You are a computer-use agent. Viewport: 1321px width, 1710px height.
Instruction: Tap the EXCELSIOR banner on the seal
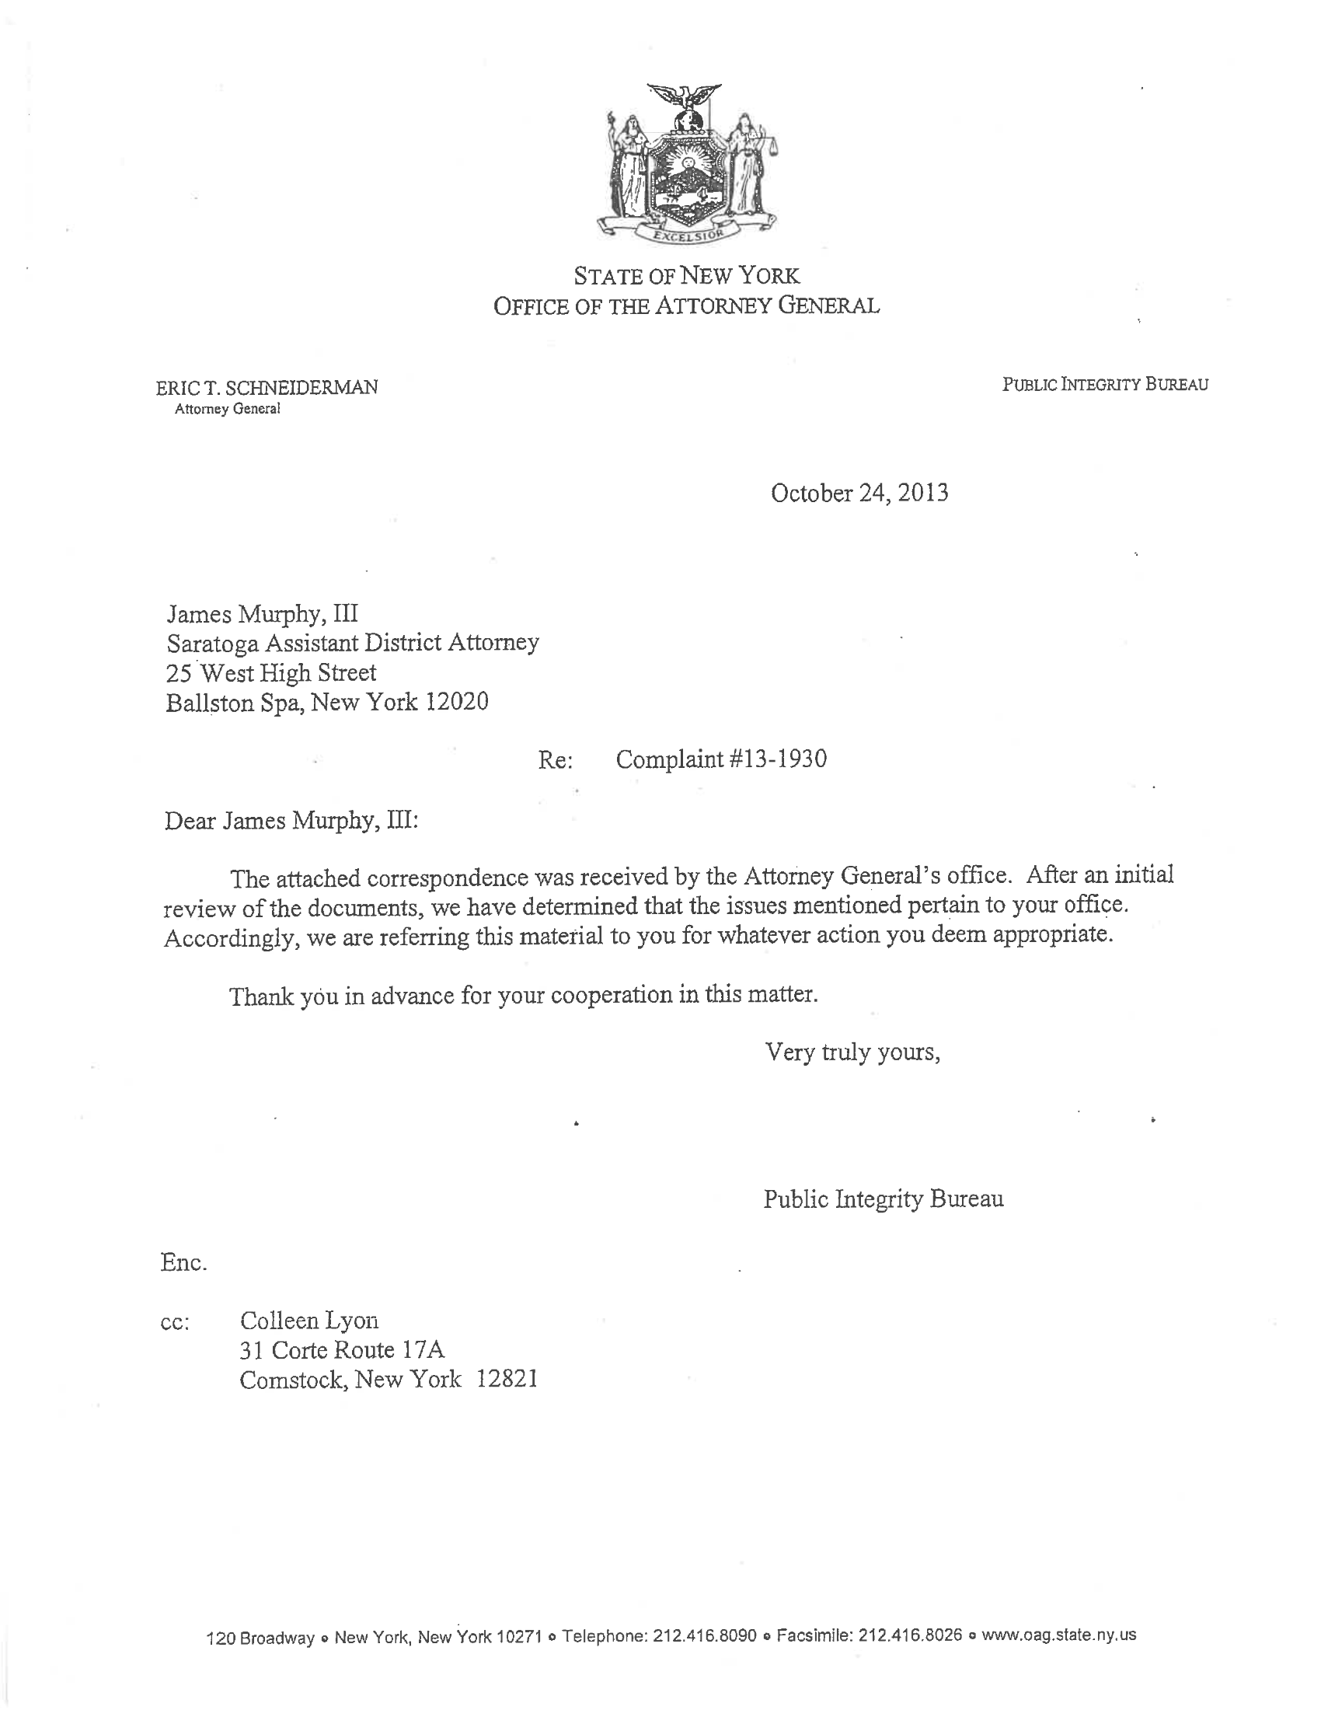[685, 233]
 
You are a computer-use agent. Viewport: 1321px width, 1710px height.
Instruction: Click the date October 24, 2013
[859, 494]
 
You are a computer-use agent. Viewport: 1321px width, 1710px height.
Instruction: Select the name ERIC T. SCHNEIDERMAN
[267, 387]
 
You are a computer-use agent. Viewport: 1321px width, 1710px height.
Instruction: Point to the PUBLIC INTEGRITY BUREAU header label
[1105, 384]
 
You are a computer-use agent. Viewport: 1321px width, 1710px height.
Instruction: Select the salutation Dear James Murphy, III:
[291, 821]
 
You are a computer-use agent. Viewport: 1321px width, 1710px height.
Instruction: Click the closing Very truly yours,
[852, 1052]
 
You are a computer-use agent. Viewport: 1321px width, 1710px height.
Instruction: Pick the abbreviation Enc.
[183, 1263]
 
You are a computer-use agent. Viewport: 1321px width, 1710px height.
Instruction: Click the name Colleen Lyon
[309, 1321]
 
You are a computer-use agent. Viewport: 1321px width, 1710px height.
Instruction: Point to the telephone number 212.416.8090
[704, 1635]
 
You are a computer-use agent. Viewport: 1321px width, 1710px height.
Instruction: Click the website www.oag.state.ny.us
[1059, 1634]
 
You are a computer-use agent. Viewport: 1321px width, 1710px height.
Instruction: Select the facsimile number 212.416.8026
[910, 1635]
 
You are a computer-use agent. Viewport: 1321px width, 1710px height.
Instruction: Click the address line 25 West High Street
[270, 672]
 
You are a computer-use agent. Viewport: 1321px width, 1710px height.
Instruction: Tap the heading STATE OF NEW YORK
[686, 276]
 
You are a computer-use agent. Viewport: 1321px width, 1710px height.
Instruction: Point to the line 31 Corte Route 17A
[342, 1350]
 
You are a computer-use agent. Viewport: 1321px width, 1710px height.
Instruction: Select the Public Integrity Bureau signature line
[884, 1199]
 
